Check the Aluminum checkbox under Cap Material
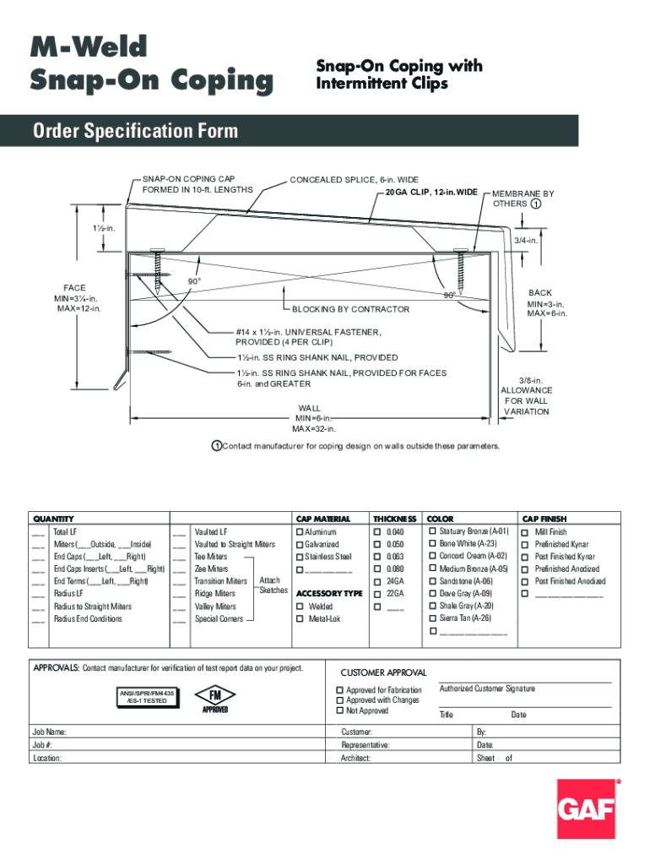299,532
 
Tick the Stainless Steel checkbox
299,557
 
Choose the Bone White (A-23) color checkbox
433,544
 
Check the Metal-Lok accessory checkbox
299,619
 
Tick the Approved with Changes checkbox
340,700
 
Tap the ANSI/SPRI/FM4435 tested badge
146,697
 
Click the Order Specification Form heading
135,131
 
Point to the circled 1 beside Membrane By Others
536,204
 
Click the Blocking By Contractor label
350,309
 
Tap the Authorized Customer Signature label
487,689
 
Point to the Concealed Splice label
354,180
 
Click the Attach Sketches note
273,585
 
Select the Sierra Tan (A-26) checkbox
433,618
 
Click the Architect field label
355,759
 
